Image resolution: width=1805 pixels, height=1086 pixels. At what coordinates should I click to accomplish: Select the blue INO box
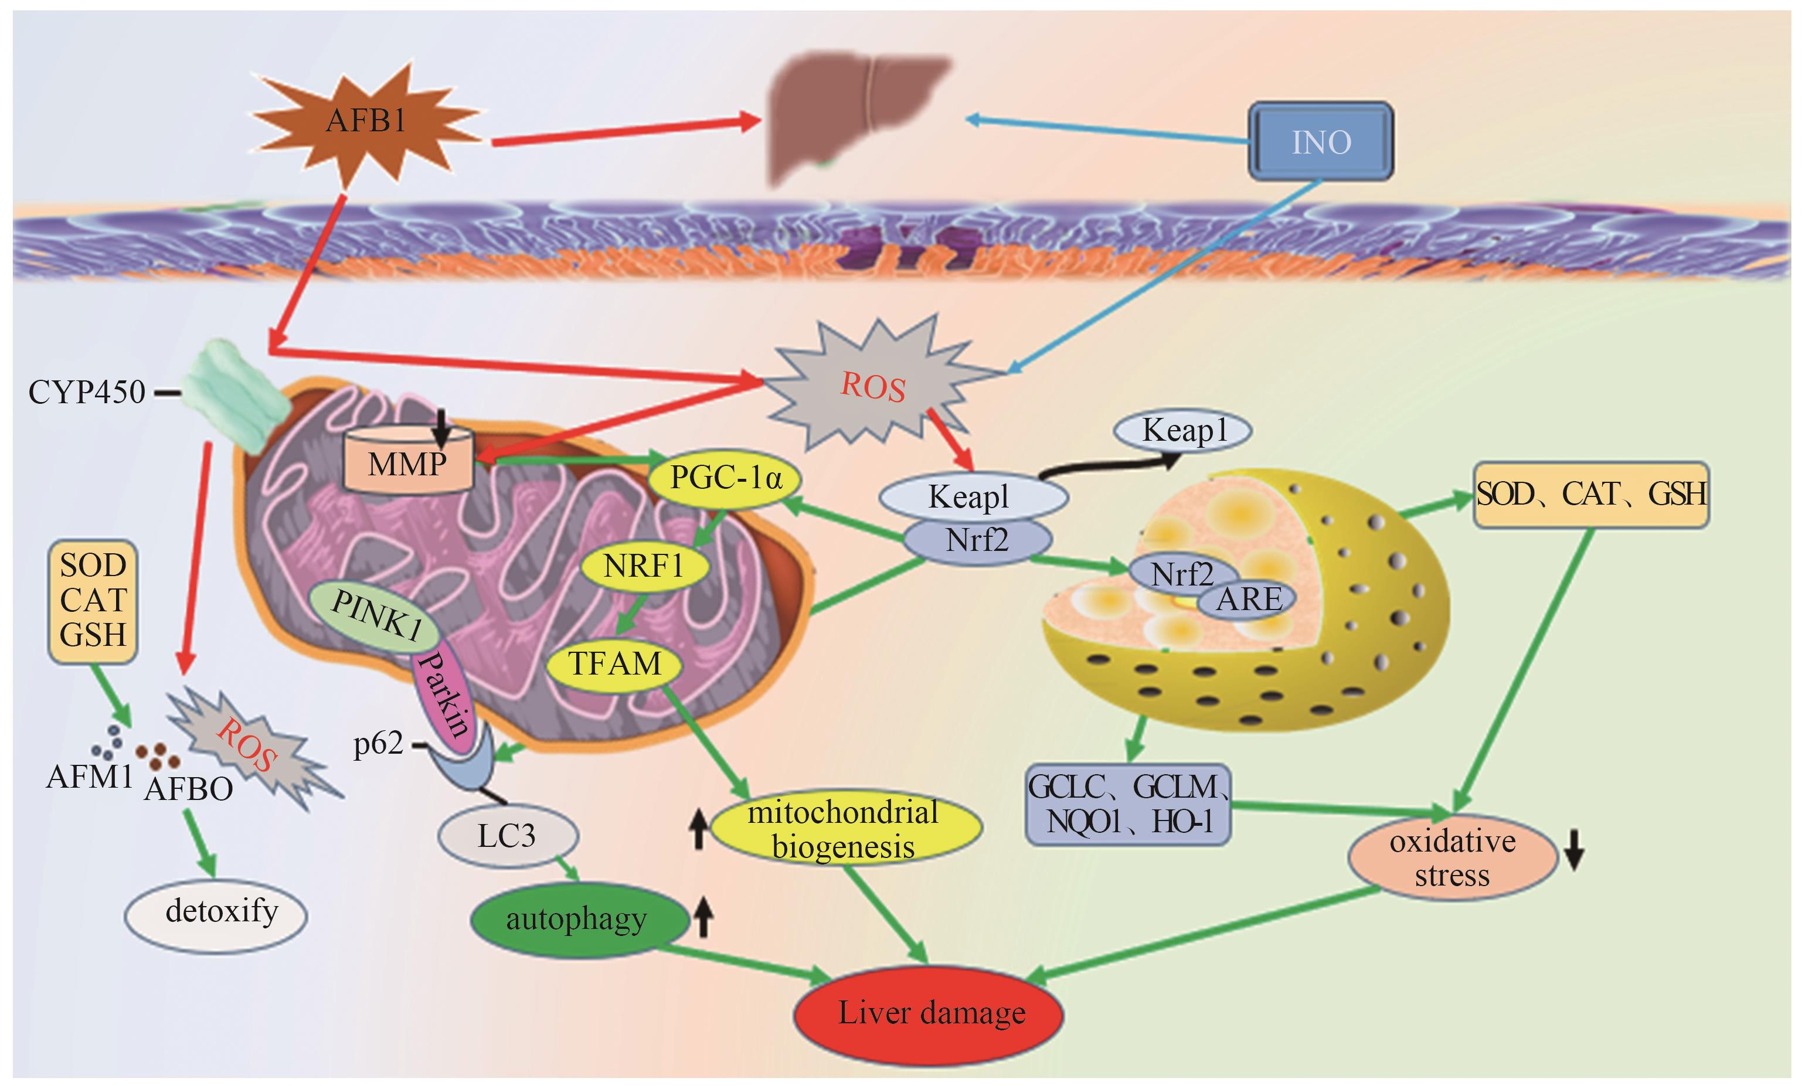click(x=1320, y=141)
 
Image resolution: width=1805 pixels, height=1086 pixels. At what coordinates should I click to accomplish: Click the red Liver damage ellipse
click(x=930, y=1013)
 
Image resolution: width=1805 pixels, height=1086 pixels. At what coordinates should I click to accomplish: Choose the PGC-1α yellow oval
click(x=725, y=479)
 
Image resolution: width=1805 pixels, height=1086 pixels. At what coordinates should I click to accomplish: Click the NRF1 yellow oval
click(x=644, y=566)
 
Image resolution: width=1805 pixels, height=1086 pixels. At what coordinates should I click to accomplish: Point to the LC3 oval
click(x=507, y=836)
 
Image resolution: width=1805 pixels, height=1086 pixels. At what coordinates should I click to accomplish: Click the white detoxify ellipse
click(x=216, y=913)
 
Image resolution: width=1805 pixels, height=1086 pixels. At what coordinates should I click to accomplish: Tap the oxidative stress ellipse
click(x=1452, y=859)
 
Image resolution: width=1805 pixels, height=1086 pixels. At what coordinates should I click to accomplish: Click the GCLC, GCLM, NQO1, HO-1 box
click(x=1128, y=805)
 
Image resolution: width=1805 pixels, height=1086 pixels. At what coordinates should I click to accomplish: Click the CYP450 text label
click(x=86, y=392)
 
